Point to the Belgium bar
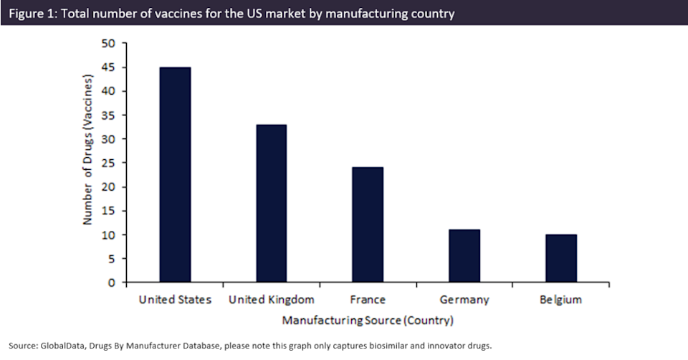[560, 258]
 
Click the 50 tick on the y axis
[110, 44]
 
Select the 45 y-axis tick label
[110, 67]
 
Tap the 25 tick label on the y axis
[110, 163]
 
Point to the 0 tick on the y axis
[113, 283]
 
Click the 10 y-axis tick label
[110, 235]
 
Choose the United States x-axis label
[175, 300]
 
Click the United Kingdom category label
[272, 300]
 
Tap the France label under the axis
[368, 300]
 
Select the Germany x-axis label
[464, 300]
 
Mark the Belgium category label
[560, 300]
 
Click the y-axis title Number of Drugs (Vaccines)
[87, 163]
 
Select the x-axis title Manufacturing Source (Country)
[368, 319]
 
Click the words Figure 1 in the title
[33, 13]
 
